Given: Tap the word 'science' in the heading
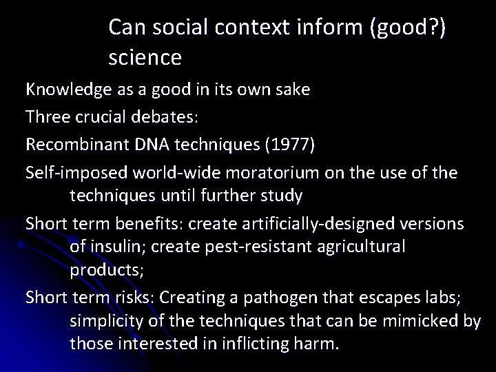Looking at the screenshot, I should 145,58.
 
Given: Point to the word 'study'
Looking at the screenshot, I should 279,196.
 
